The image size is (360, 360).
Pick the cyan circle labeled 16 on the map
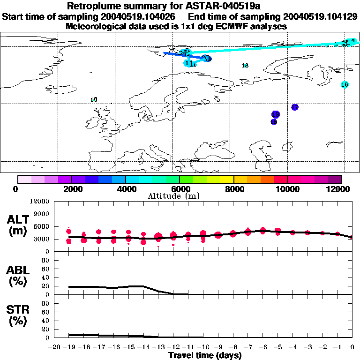coord(345,85)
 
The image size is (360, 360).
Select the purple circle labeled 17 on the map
coord(295,107)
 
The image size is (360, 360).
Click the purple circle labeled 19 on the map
coord(275,114)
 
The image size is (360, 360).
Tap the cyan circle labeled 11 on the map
coord(189,63)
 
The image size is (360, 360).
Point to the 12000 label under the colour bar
coord(339,189)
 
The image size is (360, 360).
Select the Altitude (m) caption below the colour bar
coord(173,196)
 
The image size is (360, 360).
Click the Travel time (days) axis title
coord(205,355)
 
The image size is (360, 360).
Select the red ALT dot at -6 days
coord(262,230)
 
